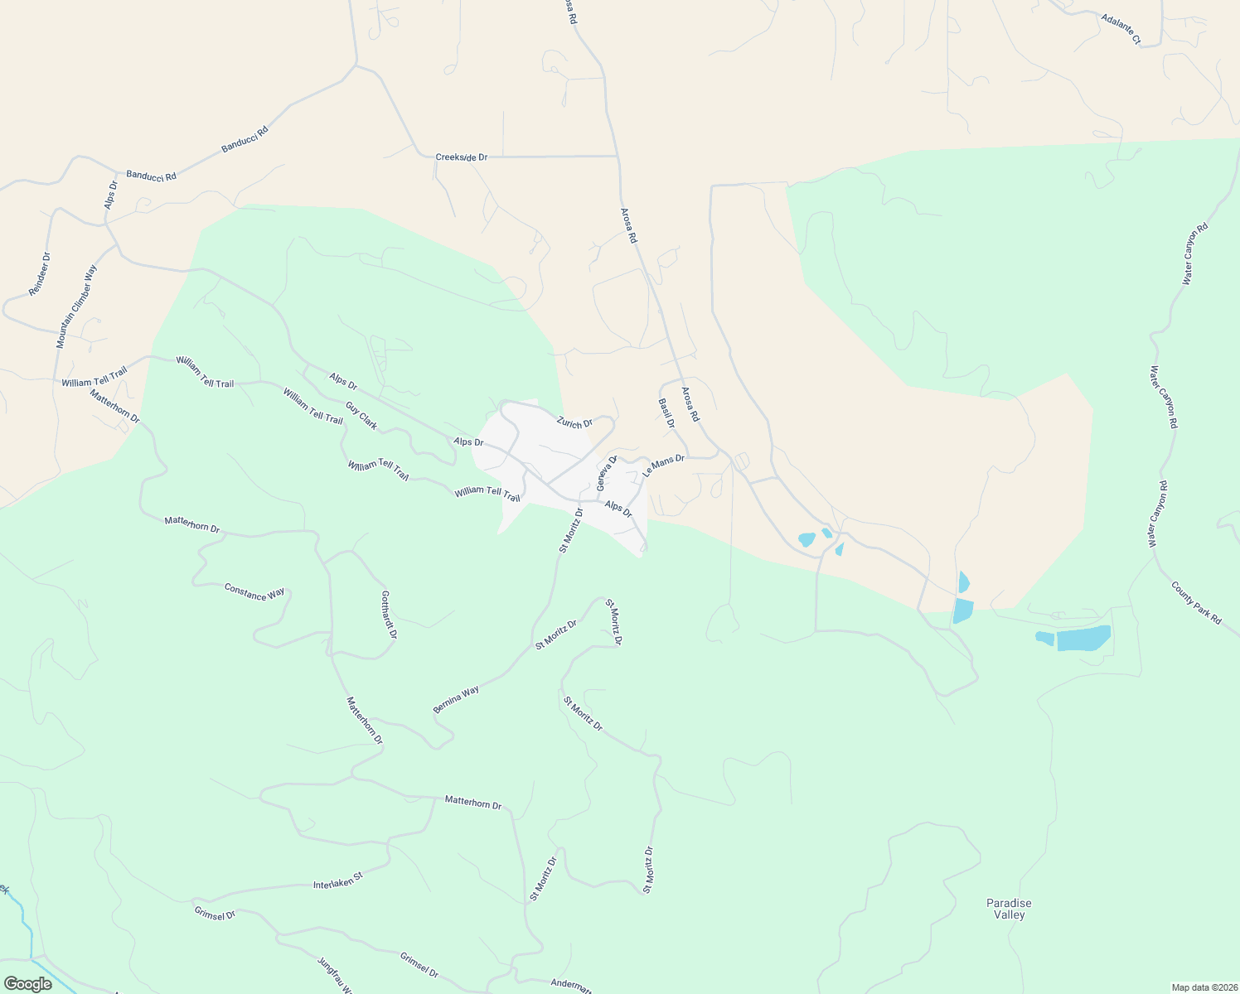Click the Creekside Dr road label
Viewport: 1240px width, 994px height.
(x=461, y=157)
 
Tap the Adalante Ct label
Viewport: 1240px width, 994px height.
(x=1121, y=28)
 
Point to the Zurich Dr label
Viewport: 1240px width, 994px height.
(x=574, y=422)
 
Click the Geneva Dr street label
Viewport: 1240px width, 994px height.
(x=607, y=472)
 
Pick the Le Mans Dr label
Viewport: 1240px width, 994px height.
(x=663, y=466)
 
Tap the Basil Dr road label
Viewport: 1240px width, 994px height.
(x=666, y=413)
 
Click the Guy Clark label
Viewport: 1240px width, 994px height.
(x=361, y=416)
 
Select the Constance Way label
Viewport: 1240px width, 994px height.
(x=254, y=592)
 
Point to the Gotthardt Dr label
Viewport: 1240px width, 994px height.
(x=389, y=614)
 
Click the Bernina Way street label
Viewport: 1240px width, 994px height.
(x=456, y=700)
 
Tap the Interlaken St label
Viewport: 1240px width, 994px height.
(x=337, y=880)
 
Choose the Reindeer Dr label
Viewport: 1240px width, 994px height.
(x=40, y=274)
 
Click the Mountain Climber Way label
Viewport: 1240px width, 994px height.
(x=76, y=306)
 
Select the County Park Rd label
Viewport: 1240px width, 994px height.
(x=1196, y=602)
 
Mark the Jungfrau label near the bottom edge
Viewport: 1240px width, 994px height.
(x=335, y=975)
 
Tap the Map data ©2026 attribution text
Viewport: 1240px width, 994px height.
(x=1203, y=987)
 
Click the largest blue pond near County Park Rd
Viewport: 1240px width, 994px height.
(x=1083, y=638)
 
